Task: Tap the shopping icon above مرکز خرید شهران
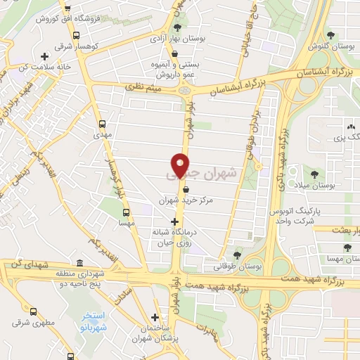tap(186, 188)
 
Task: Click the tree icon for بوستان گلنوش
tap(330, 34)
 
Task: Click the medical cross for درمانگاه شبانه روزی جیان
tap(174, 221)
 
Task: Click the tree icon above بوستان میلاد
tap(314, 174)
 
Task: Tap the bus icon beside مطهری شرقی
tap(34, 310)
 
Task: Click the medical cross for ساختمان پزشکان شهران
tap(155, 317)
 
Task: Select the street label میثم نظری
tap(143, 86)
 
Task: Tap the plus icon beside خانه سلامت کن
tap(45, 56)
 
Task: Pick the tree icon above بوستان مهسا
tap(347, 247)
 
